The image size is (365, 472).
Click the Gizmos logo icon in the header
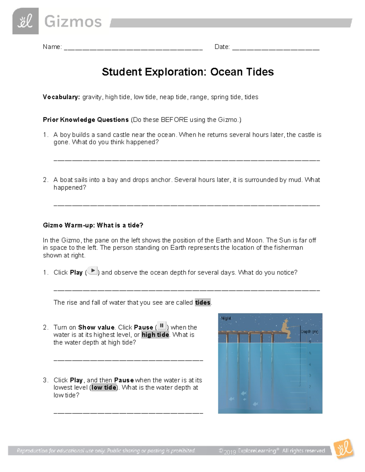(25, 21)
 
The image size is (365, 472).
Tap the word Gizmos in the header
(73, 22)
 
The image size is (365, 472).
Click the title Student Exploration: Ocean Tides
(188, 72)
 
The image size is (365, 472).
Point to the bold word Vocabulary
(61, 97)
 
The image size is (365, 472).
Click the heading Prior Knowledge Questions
(86, 120)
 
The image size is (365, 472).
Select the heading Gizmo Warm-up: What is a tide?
(93, 225)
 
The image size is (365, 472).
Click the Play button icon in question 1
(92, 271)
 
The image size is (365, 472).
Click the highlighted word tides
(203, 302)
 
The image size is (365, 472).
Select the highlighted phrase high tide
(155, 335)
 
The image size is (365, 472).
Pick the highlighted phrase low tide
(104, 388)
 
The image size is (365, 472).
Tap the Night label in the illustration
(226, 318)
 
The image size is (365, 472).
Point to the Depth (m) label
(309, 332)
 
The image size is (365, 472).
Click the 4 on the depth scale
(310, 364)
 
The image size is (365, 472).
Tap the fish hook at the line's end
(300, 385)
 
